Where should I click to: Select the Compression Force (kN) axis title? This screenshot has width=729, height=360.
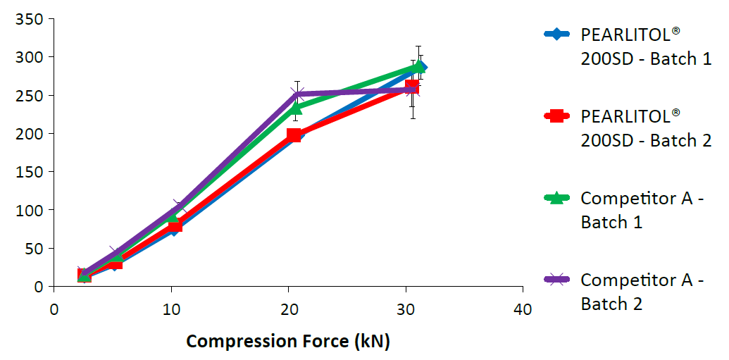[x=287, y=342]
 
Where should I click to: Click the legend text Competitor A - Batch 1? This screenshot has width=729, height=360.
[x=642, y=210]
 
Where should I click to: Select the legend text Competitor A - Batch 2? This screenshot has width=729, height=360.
[x=642, y=292]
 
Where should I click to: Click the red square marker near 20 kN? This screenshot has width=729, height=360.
[x=294, y=135]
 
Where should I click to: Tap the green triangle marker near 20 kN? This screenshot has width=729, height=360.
[x=296, y=108]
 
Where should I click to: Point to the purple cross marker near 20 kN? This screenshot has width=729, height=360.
[x=297, y=94]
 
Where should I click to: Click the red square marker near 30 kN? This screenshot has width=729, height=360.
[x=412, y=87]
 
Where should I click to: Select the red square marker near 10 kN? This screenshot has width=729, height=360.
[x=174, y=225]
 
